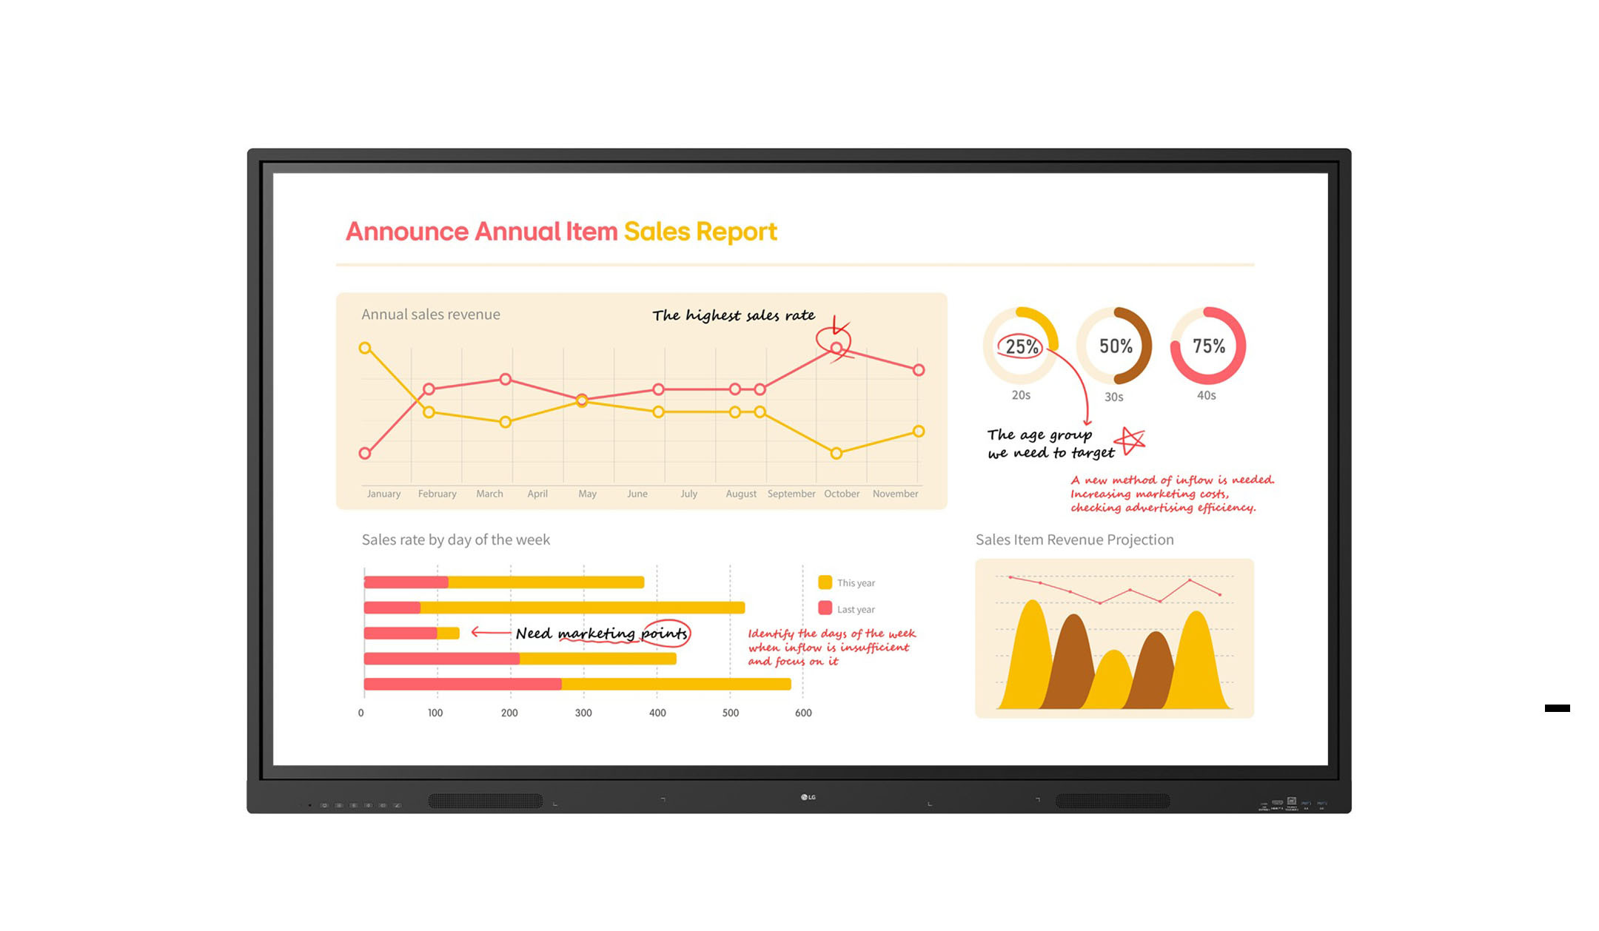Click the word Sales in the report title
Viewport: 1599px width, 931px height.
tap(656, 232)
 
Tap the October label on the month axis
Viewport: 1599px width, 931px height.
tap(842, 494)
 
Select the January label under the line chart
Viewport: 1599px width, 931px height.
tap(383, 494)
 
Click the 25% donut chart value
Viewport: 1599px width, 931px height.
tap(1022, 346)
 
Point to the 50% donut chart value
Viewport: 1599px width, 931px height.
tap(1115, 346)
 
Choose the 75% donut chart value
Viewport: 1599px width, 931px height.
tap(1208, 346)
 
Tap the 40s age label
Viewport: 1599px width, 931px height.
tap(1206, 396)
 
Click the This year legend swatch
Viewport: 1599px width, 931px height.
tap(825, 582)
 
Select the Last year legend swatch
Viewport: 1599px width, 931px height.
tap(825, 608)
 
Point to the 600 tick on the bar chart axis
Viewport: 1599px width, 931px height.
tap(803, 713)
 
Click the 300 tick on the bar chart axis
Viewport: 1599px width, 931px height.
tap(583, 713)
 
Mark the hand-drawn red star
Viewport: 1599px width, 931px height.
tap(1130, 441)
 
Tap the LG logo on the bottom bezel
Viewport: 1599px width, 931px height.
tap(808, 797)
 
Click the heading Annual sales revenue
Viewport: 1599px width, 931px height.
tap(431, 315)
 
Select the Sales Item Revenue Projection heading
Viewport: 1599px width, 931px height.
tap(1074, 540)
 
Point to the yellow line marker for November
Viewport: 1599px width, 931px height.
tap(918, 431)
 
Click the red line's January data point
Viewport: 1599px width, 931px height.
tap(365, 453)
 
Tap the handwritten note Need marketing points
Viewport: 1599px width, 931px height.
tap(601, 633)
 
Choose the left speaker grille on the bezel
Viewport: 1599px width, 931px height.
tap(486, 801)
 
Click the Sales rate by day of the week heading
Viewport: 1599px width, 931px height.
tap(455, 540)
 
